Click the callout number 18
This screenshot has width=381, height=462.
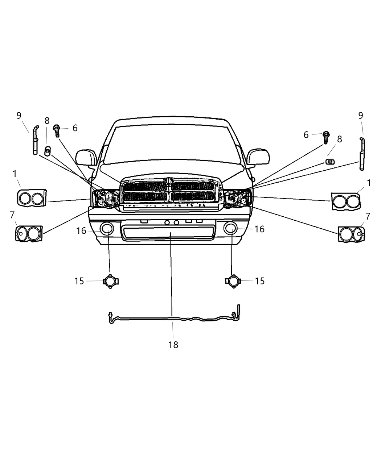[173, 345]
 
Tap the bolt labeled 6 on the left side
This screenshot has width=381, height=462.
[57, 130]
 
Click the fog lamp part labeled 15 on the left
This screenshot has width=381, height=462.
[110, 281]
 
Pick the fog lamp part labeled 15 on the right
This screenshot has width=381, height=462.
[232, 281]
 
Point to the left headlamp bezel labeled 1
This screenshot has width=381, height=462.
[32, 198]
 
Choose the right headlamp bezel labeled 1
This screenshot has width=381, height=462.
[346, 201]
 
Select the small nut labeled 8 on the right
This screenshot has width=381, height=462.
[330, 161]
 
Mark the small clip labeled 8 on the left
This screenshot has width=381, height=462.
[47, 150]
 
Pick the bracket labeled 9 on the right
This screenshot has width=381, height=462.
[362, 154]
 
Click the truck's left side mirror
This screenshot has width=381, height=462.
[86, 158]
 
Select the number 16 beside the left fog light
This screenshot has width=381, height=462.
[81, 231]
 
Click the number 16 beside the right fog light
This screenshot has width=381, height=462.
[259, 229]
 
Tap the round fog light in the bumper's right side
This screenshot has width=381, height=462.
[231, 228]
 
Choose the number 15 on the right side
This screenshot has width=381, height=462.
[260, 281]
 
